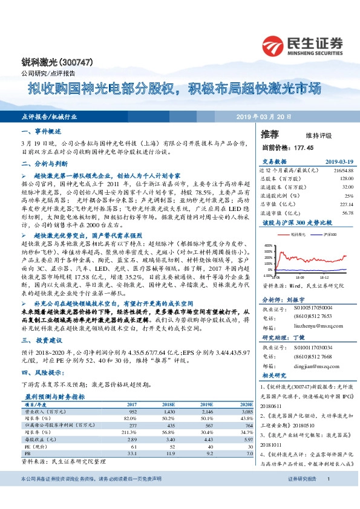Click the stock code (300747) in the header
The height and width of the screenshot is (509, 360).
pos(59,62)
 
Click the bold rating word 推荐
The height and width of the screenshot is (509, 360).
pos(270,135)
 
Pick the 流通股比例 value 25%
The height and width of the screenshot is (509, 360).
pos(349,196)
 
